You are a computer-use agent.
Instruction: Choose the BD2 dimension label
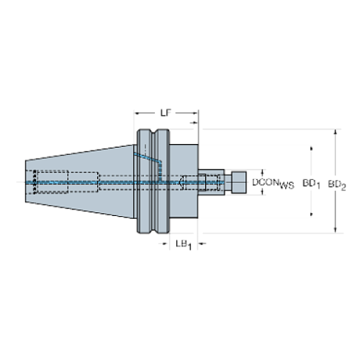(337, 181)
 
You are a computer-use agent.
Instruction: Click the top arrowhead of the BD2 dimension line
(337, 133)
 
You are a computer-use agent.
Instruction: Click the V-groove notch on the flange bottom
(154, 230)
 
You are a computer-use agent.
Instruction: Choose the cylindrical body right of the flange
(185, 181)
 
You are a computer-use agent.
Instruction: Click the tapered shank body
(88, 165)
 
